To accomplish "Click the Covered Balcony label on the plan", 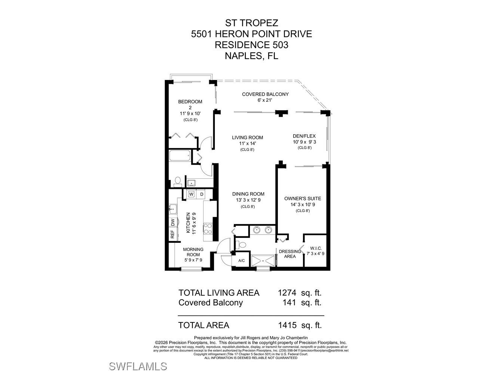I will [x=265, y=94].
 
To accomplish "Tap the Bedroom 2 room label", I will [x=190, y=102].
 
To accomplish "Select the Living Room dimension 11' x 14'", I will [x=247, y=143].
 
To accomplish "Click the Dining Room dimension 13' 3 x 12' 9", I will [x=248, y=200].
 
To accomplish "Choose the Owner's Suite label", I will [x=303, y=199].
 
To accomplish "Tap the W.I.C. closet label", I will [x=316, y=248].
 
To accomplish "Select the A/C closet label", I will [x=241, y=261].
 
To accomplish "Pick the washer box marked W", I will [x=191, y=194].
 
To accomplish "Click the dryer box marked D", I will [x=202, y=194].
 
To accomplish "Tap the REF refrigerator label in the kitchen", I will [x=172, y=235].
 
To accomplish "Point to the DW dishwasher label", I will [x=172, y=222].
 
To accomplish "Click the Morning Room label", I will [x=193, y=249].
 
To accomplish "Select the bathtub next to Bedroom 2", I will [x=180, y=156].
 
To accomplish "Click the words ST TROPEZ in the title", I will [x=251, y=23].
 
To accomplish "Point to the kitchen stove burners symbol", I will [x=208, y=229].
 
